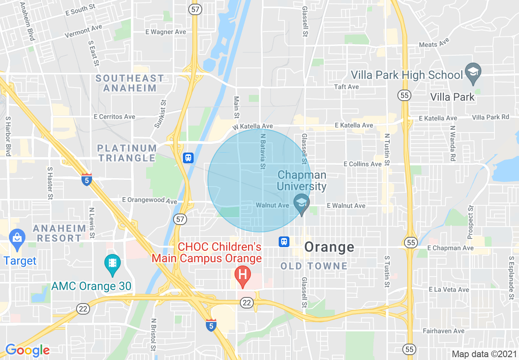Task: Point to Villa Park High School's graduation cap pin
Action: point(473,72)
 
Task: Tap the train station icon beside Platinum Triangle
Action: point(188,157)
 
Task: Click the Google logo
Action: point(27,350)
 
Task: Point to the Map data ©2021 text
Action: point(483,354)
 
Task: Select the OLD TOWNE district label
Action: point(314,266)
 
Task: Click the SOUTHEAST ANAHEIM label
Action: point(130,83)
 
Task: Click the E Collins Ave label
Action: point(363,164)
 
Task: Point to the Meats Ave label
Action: point(434,43)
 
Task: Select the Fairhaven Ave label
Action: point(444,331)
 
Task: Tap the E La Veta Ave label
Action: point(449,290)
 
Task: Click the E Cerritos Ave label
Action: point(114,117)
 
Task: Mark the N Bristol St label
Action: point(153,335)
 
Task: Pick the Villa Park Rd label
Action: point(490,117)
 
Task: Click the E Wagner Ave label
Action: point(166,32)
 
